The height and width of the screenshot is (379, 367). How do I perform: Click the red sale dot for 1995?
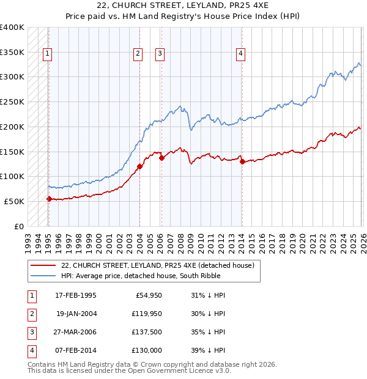pyautogui.click(x=49, y=199)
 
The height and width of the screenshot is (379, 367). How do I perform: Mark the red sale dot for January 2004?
pyautogui.click(x=139, y=166)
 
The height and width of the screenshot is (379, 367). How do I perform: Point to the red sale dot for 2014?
pyautogui.click(x=242, y=161)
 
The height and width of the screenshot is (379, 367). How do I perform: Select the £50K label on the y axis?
pyautogui.click(x=15, y=201)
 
